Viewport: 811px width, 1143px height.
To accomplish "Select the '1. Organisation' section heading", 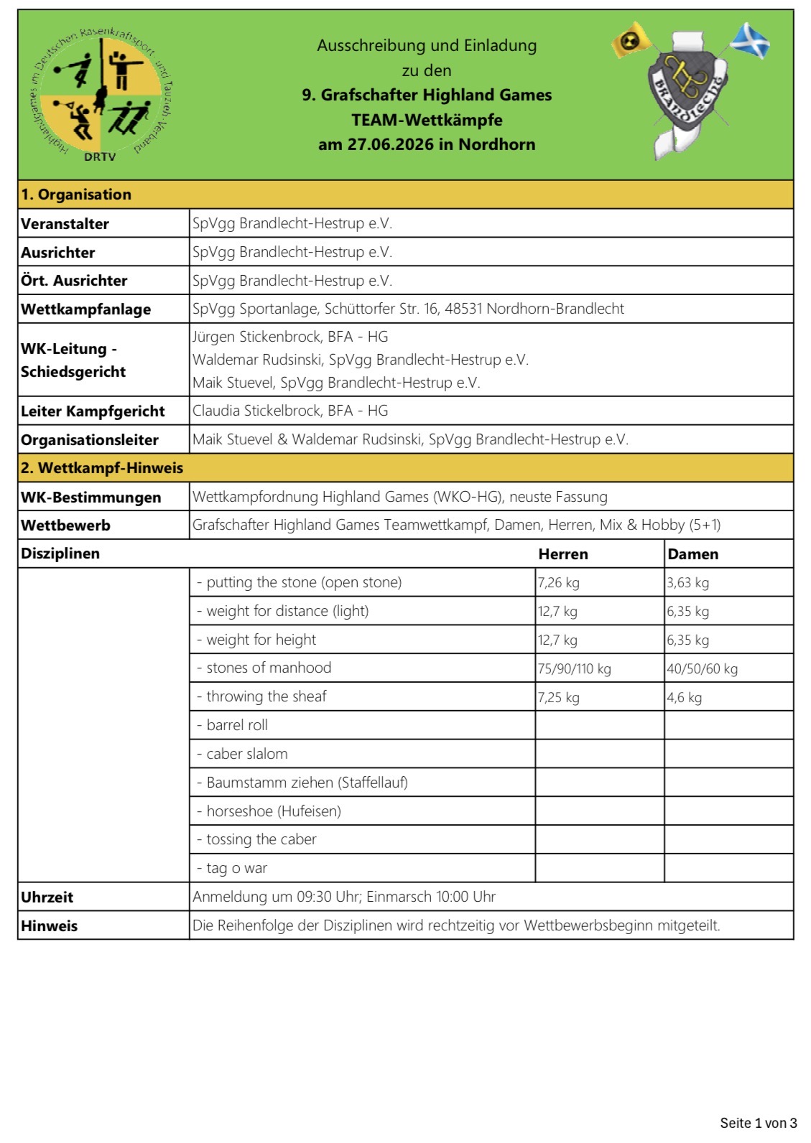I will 76,195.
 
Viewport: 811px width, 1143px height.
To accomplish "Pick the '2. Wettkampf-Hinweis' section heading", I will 102,468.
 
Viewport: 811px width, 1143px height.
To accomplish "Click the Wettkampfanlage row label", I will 86,309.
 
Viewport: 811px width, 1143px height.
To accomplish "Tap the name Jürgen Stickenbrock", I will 256,337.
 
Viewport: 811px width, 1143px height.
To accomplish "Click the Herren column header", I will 563,554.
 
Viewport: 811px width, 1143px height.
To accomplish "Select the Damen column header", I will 692,554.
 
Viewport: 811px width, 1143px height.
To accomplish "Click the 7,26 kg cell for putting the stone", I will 558,583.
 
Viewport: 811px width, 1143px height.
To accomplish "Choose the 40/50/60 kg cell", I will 702,669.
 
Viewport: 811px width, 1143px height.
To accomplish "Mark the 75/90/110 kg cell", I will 574,669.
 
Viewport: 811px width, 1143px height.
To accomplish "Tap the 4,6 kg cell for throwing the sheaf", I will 684,698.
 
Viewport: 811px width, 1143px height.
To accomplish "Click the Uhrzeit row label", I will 47,897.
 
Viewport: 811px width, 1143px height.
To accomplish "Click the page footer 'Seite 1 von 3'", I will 758,1123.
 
